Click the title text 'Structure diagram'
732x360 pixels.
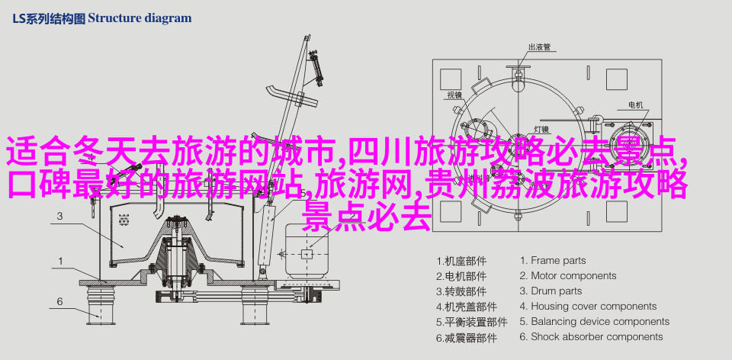coord(140,18)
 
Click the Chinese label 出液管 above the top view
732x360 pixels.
coord(539,47)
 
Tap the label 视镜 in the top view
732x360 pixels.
coord(454,95)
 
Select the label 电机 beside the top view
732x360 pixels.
coord(635,105)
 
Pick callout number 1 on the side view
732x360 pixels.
coord(60,262)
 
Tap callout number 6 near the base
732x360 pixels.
coord(59,301)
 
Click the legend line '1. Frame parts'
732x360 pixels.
coord(553,261)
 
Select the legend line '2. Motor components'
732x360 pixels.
coord(568,275)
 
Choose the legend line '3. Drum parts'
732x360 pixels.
coord(551,291)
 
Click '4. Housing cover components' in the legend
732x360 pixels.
coord(588,307)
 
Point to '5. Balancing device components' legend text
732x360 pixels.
coord(595,321)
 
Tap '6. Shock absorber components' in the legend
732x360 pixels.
coord(592,336)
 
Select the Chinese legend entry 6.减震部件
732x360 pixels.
coord(461,336)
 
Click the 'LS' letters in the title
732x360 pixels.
coord(18,18)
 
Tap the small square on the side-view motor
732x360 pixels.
coord(307,253)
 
